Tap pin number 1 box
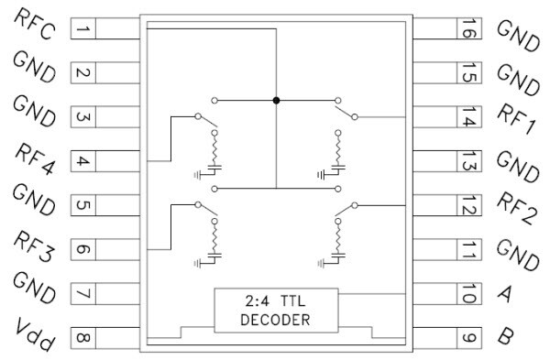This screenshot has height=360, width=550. pos(81,30)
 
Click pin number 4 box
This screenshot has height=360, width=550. pos(81,162)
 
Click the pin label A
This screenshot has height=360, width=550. pos(501,295)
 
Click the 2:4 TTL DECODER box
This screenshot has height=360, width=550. pos(276,311)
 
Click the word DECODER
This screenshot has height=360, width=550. pos(276,321)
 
